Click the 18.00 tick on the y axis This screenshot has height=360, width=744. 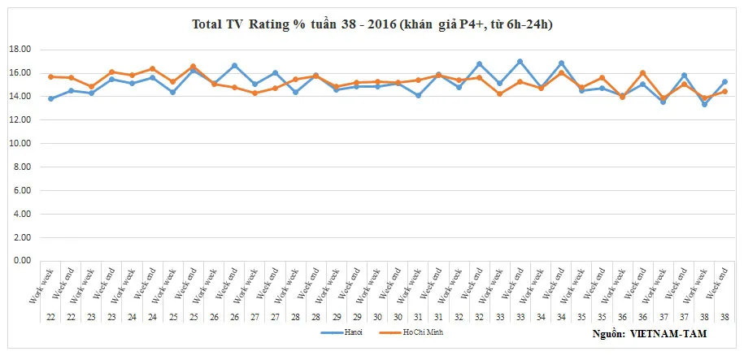pyautogui.click(x=20, y=50)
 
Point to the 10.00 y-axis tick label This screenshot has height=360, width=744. pyautogui.click(x=20, y=144)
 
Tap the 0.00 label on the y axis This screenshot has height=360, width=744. pyautogui.click(x=22, y=261)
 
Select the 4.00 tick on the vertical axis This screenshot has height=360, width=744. pyautogui.click(x=22, y=214)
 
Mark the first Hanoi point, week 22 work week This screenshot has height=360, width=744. pyautogui.click(x=50, y=98)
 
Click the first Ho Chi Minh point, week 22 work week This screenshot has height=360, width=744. pyautogui.click(x=50, y=76)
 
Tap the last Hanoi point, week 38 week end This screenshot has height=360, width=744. pyautogui.click(x=724, y=81)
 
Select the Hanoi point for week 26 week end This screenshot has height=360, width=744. pyautogui.click(x=234, y=65)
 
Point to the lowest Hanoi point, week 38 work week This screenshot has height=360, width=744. pyautogui.click(x=704, y=104)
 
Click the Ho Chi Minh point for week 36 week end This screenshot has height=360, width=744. pyautogui.click(x=642, y=73)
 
